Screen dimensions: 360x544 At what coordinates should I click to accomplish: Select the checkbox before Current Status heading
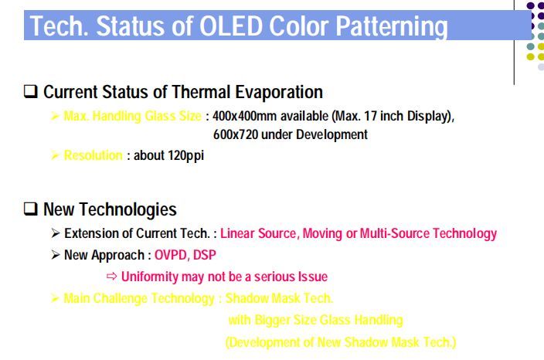click(x=31, y=93)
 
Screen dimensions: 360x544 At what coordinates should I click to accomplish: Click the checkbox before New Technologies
click(x=31, y=209)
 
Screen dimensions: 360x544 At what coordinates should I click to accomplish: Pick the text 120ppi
click(x=185, y=155)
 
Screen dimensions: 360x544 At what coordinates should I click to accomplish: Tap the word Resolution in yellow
click(x=93, y=155)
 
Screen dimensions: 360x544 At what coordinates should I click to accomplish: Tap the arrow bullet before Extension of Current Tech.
click(x=56, y=233)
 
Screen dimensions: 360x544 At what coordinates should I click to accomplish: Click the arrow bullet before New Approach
click(x=56, y=254)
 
